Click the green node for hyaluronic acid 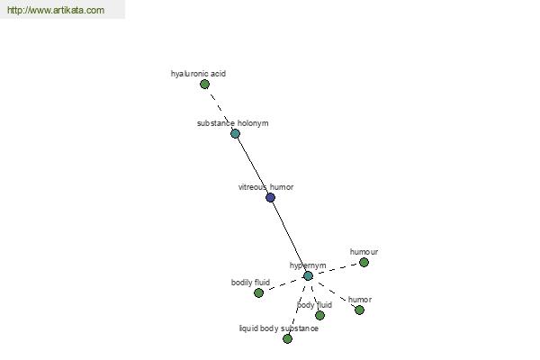pyautogui.click(x=204, y=84)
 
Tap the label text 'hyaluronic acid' pyautogui.click(x=198, y=74)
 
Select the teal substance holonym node pyautogui.click(x=235, y=133)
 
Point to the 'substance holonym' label pyautogui.click(x=233, y=123)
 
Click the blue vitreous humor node pyautogui.click(x=270, y=197)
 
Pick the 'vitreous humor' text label pyautogui.click(x=265, y=187)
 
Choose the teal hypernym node pyautogui.click(x=308, y=275)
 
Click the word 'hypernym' pyautogui.click(x=308, y=265)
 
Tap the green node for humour pyautogui.click(x=364, y=263)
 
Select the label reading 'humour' pyautogui.click(x=364, y=252)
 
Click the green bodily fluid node pyautogui.click(x=258, y=292)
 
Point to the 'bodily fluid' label pyautogui.click(x=250, y=283)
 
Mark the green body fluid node pyautogui.click(x=319, y=315)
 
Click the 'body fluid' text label pyautogui.click(x=314, y=305)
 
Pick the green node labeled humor pyautogui.click(x=359, y=310)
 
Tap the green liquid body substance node pyautogui.click(x=287, y=338)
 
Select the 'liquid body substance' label pyautogui.click(x=279, y=328)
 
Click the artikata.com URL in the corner pyautogui.click(x=56, y=10)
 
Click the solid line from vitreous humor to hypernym pyautogui.click(x=289, y=237)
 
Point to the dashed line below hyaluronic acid pyautogui.click(x=220, y=109)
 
